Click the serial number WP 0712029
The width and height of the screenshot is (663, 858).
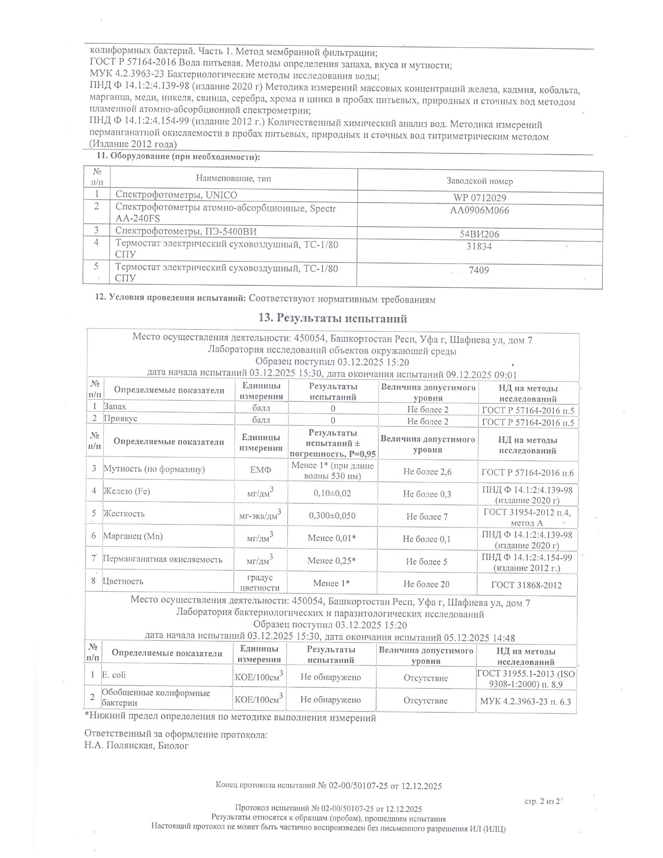click(479, 198)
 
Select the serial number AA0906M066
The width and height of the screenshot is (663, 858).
click(479, 211)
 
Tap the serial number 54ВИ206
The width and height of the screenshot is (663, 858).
click(479, 234)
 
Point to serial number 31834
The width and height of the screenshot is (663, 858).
click(479, 247)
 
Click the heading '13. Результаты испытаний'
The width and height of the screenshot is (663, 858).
click(333, 319)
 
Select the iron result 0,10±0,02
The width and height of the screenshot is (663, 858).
click(332, 493)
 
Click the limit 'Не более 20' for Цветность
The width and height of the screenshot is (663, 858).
click(426, 584)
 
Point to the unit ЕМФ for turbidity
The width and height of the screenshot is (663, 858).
click(261, 470)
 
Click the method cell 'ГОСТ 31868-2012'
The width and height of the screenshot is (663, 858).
click(526, 585)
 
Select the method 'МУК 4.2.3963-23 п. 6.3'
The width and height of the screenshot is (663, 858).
click(526, 701)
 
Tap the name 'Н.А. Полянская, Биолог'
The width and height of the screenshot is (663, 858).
click(136, 746)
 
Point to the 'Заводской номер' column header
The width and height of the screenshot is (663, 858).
click(479, 181)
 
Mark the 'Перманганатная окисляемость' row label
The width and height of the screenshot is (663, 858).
click(162, 559)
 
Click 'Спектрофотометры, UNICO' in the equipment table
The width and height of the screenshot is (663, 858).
click(176, 195)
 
